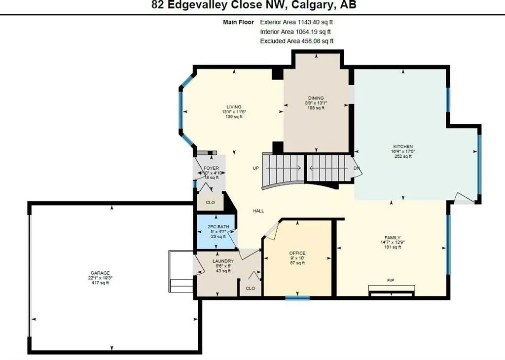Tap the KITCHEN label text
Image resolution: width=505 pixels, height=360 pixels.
pos(402,146)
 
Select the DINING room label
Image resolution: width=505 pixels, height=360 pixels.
pos(316,98)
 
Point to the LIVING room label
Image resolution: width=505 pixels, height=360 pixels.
pos(234,107)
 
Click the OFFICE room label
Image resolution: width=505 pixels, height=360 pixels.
pos(297,253)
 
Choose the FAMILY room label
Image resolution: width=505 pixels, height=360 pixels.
pos(393,237)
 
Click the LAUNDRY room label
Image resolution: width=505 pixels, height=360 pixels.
pos(219,261)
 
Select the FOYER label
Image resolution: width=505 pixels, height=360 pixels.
pos(211,168)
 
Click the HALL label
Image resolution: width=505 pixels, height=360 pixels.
pos(258,211)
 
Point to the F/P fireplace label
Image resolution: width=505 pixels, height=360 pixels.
pos(391,281)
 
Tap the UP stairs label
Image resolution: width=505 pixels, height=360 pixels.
pos(256,168)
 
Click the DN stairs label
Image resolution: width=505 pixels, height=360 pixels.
pos(357,168)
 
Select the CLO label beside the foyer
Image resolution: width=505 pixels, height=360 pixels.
pos(210,202)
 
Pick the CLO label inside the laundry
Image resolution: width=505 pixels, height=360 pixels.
pos(250,288)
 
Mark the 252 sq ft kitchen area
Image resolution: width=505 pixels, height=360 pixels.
pos(402,156)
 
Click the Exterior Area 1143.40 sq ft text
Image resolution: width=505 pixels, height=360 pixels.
pos(300,22)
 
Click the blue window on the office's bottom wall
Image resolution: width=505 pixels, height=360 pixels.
pos(297,297)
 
